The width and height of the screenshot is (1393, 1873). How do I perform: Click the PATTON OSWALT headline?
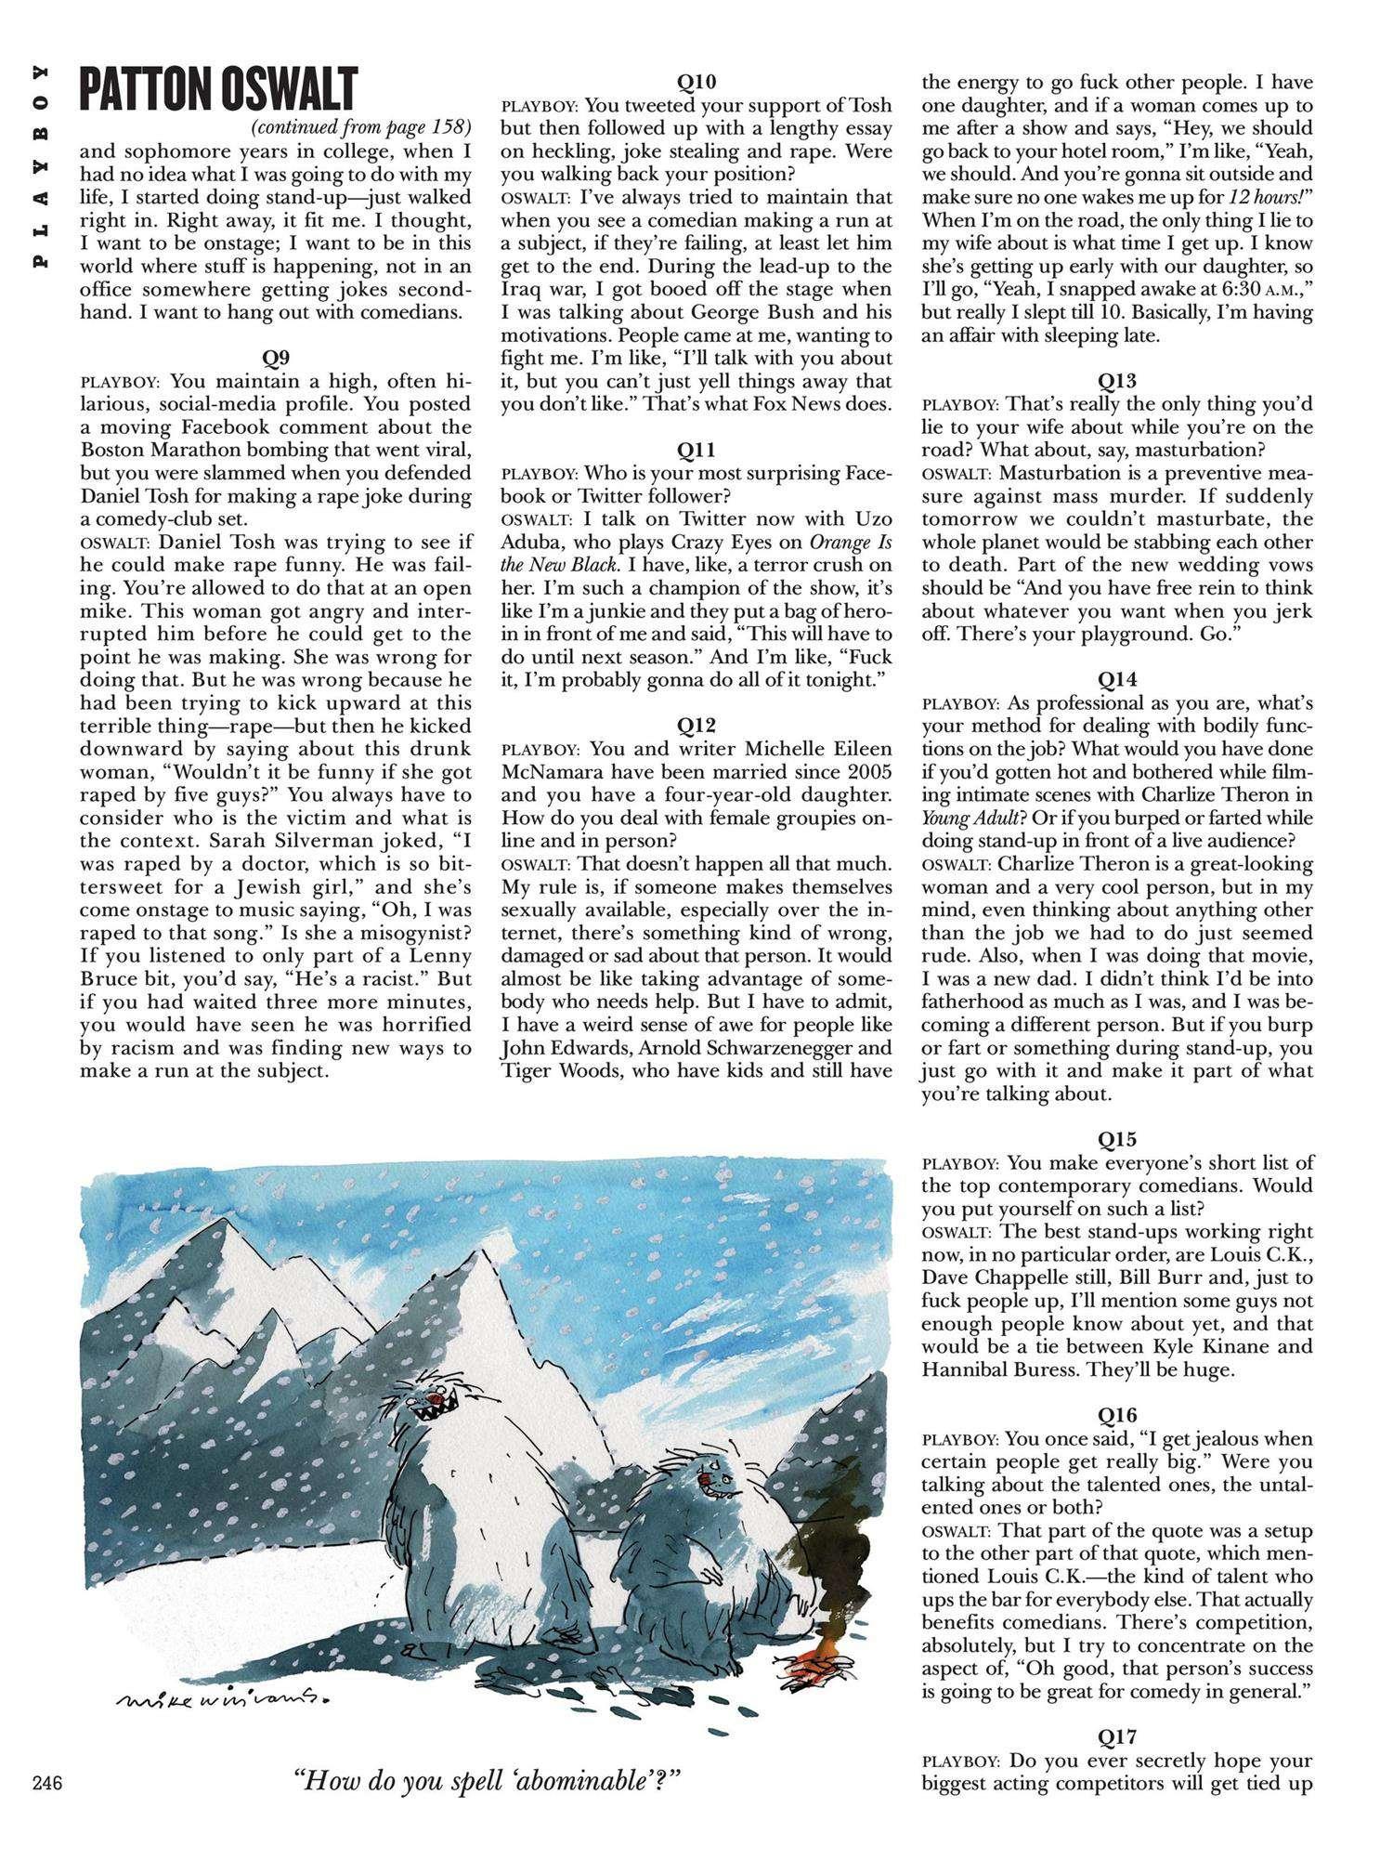coord(218,90)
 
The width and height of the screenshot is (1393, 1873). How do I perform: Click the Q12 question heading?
coord(696,725)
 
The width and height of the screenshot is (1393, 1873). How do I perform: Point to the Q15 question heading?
coord(1117,1139)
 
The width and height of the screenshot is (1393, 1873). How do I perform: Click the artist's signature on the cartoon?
coord(226,1696)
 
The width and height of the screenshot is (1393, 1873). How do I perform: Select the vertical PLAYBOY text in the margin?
coord(40,169)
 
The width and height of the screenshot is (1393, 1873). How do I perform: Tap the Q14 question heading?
coord(1117,679)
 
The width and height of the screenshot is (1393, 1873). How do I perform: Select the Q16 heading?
coord(1117,1415)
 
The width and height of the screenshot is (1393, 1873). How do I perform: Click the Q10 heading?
coord(696,82)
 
